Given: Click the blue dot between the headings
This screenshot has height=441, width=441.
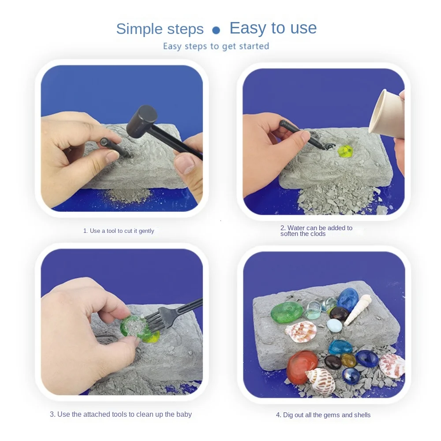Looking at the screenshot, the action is tap(216, 30).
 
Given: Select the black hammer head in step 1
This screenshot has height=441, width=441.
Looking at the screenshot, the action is tap(142, 121).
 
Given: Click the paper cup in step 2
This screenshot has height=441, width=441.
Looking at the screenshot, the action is tap(386, 113).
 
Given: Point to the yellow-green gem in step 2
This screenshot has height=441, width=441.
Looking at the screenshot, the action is tap(345, 152).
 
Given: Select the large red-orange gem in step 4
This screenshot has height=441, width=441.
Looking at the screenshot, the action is tap(301, 366).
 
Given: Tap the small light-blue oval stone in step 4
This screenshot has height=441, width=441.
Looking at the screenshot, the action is tap(334, 325).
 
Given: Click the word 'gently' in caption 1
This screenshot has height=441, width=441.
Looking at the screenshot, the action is tap(146, 231).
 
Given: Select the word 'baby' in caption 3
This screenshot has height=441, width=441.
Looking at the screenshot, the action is tap(184, 414).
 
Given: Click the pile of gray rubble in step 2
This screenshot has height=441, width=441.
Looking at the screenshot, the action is tap(337, 195).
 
